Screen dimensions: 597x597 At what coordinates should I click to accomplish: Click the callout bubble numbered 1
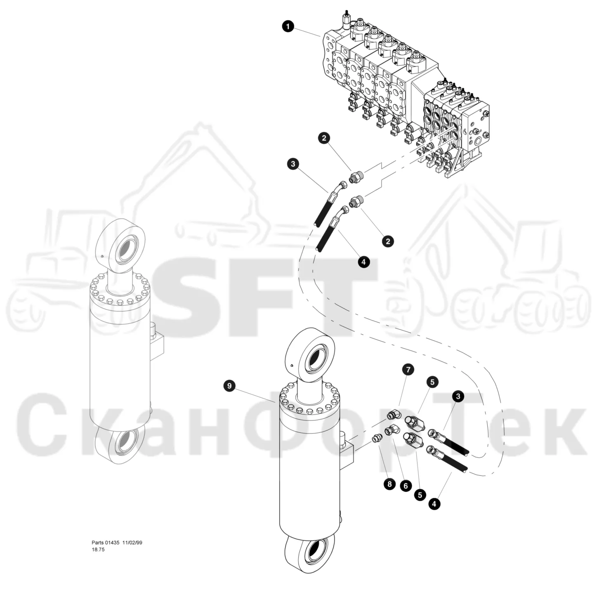tap(288, 26)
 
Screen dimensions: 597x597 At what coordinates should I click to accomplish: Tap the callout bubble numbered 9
tap(229, 386)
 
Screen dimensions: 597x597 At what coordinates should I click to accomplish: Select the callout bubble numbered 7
tap(408, 369)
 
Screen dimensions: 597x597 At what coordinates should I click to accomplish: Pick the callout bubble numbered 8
tap(389, 484)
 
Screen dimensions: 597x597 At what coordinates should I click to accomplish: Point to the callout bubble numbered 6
tap(406, 486)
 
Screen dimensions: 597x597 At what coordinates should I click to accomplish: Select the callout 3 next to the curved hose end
tap(293, 163)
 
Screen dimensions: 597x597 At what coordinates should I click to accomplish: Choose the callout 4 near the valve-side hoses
tap(364, 262)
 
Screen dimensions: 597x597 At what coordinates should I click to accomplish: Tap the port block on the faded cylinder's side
tap(157, 341)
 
